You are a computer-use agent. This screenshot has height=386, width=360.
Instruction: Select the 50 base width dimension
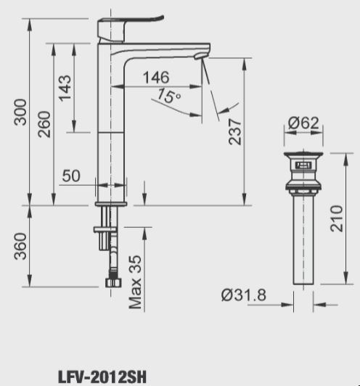click(x=71, y=175)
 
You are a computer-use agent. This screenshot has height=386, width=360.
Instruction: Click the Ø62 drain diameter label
click(x=303, y=123)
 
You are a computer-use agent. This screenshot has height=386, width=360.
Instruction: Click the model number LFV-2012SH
click(x=102, y=377)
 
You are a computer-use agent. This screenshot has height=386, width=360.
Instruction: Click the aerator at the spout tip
click(x=201, y=57)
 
